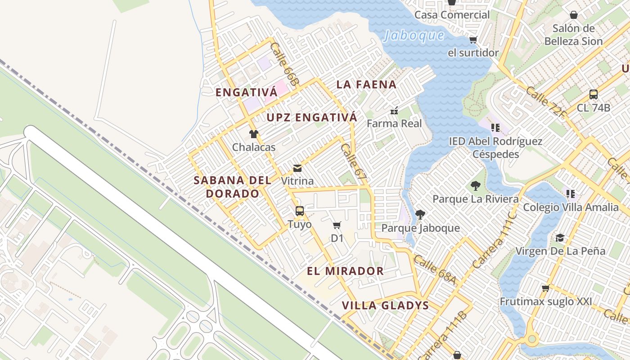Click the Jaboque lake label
414,36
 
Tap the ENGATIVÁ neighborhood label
246,93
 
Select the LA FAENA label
366,85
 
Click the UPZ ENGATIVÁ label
312,117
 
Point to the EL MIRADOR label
345,271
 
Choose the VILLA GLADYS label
385,306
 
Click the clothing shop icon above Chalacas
254,134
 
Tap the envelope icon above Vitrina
297,168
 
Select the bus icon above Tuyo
299,211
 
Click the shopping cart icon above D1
337,225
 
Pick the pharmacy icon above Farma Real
395,111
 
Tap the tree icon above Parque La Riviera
475,185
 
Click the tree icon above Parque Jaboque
420,214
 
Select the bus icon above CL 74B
594,94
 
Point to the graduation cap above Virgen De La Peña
560,238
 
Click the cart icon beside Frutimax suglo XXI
545,288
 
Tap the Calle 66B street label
285,64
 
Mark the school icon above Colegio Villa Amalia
571,194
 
